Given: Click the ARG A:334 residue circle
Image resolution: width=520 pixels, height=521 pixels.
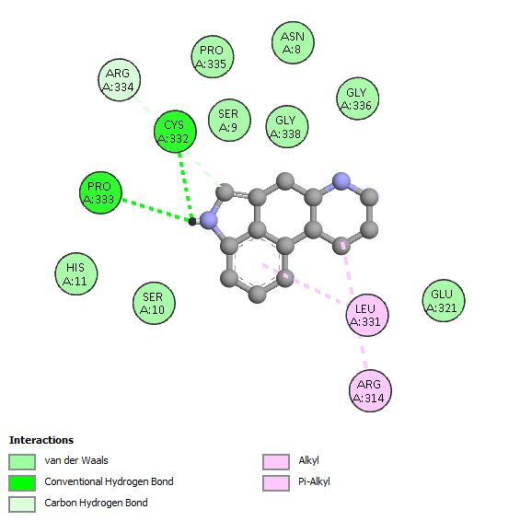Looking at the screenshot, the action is point(120,80).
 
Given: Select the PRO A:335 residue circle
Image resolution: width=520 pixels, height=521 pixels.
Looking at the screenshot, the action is point(213,57).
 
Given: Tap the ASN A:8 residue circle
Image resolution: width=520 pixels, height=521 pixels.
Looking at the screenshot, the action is point(293,42).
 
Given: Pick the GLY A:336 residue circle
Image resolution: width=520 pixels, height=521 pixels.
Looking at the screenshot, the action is point(357,98).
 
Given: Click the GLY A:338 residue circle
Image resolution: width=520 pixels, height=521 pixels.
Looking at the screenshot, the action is point(287,127).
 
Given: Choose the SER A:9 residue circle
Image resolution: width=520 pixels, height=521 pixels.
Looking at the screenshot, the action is point(229,120).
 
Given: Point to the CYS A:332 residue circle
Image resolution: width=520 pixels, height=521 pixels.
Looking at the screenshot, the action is point(175,132).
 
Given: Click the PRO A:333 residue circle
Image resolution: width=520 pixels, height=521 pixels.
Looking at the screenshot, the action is point(100,192).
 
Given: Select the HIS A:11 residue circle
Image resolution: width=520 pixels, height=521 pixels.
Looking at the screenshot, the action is point(76,273).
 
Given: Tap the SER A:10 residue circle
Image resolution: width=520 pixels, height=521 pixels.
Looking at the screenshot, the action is point(154,304).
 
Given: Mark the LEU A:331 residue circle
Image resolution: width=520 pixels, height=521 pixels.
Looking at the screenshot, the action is point(367,315).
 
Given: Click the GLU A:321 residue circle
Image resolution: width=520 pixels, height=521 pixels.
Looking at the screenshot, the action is point(444,300).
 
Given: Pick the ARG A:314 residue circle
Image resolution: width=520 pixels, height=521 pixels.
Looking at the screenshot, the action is point(370,390).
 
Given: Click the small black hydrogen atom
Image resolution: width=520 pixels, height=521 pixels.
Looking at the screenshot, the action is point(192,222).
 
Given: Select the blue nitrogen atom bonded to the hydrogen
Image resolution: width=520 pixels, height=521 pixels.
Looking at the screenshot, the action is point(209,220).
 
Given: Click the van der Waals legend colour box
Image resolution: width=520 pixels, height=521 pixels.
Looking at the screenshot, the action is point(22,462).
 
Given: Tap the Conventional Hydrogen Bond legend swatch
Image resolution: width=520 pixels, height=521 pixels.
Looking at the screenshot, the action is point(22,483).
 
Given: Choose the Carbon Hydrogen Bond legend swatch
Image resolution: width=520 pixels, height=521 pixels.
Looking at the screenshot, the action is point(22,504).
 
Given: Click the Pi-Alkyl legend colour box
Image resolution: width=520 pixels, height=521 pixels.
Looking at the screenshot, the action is point(276,483).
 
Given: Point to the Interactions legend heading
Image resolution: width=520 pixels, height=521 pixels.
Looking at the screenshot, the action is point(41,440).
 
